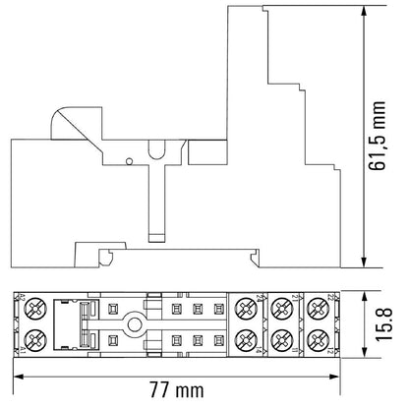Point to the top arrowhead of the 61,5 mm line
click(x=366, y=11)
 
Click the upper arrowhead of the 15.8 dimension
click(x=365, y=294)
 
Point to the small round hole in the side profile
click(x=130, y=158)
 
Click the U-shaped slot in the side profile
click(x=154, y=154)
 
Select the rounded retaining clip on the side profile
click(x=61, y=122)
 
